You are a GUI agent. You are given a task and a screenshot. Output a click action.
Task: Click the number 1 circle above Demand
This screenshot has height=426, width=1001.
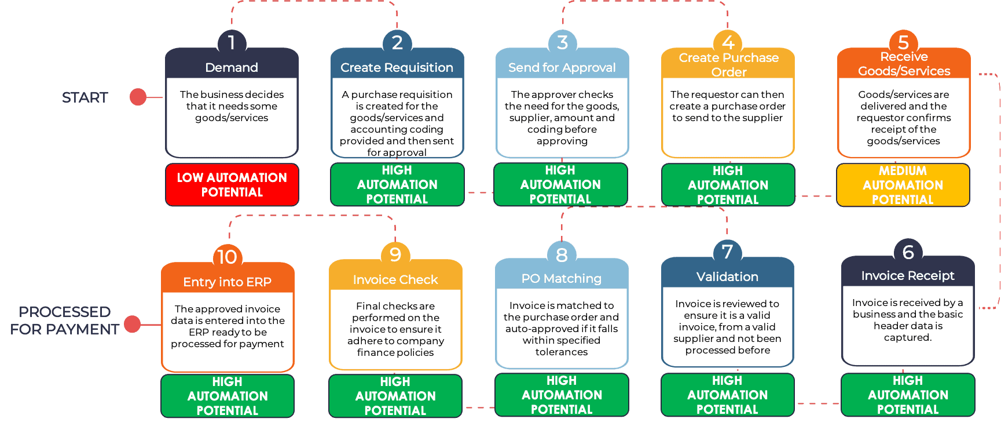[232, 42]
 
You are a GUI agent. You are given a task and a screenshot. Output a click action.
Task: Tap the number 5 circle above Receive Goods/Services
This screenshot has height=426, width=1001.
[903, 42]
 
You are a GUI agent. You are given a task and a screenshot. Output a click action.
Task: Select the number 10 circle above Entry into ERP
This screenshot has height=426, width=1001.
[227, 257]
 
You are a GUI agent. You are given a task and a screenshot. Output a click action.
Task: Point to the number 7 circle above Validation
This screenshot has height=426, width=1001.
[727, 252]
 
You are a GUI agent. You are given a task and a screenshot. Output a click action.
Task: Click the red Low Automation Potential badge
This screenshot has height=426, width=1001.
[232, 185]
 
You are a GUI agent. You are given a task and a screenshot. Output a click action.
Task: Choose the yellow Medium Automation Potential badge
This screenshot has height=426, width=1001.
[903, 185]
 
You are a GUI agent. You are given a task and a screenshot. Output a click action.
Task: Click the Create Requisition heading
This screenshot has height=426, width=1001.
[397, 67]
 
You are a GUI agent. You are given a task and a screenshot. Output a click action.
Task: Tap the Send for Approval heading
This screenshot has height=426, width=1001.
[562, 67]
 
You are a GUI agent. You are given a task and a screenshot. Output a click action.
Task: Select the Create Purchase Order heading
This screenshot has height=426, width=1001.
[728, 64]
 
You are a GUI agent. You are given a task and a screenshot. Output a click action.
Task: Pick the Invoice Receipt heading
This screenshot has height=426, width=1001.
[907, 275]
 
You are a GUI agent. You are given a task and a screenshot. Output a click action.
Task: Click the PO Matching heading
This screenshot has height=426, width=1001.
[561, 278]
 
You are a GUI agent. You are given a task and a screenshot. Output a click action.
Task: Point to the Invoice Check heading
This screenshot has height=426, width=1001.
[395, 279]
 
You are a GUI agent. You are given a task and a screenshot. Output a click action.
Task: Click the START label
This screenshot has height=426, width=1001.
[85, 97]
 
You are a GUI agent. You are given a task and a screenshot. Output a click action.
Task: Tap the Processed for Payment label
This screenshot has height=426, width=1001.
[64, 321]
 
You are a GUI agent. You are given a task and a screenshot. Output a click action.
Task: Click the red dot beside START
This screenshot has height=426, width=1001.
[138, 97]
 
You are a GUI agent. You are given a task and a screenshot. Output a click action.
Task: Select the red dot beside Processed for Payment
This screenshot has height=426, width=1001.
[133, 325]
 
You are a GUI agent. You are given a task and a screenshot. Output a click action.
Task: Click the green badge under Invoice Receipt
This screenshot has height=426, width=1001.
[907, 395]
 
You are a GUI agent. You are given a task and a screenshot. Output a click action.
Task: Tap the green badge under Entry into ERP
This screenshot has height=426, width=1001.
[227, 396]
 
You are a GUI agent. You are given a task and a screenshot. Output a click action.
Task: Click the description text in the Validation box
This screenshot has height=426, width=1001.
[727, 327]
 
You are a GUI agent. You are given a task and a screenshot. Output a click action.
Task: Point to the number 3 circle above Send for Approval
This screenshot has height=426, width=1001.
[562, 42]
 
